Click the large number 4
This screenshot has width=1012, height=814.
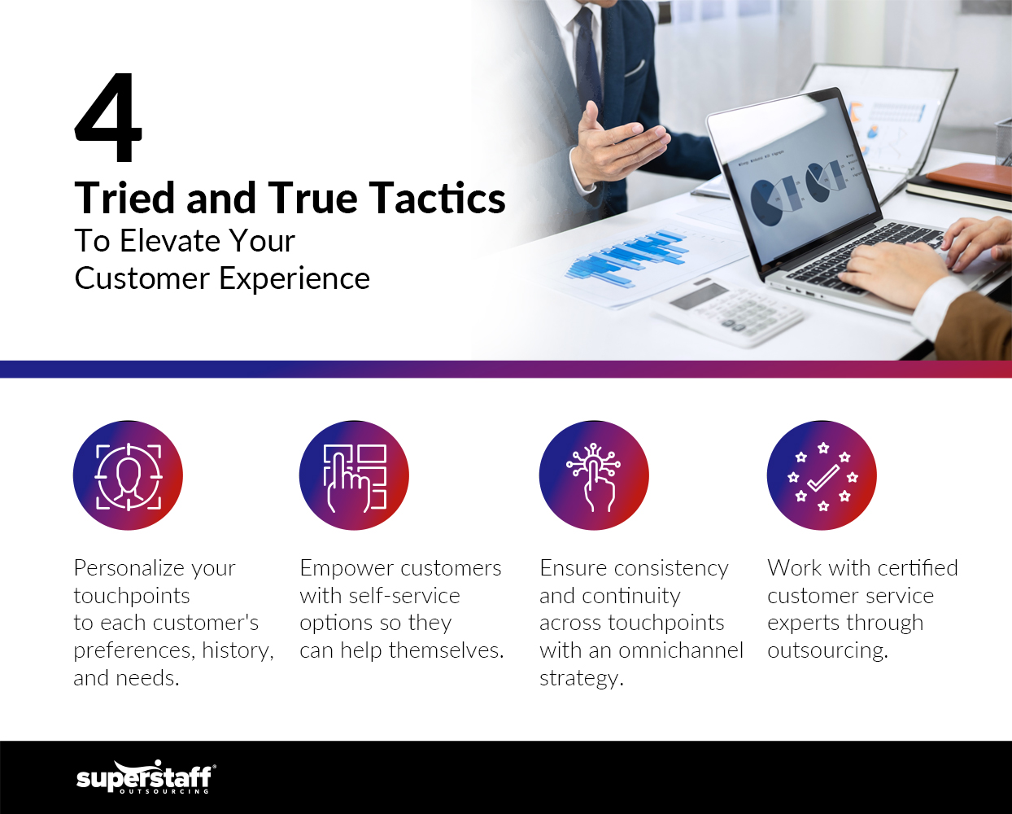108,118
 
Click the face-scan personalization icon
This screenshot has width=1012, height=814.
128,475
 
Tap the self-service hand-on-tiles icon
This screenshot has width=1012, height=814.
354,475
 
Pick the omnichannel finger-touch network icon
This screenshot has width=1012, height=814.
594,475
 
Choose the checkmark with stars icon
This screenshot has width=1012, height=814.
822,475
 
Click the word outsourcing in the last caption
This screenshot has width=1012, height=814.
827,650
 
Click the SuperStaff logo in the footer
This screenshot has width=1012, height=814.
146,777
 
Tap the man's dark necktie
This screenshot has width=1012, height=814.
587,57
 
